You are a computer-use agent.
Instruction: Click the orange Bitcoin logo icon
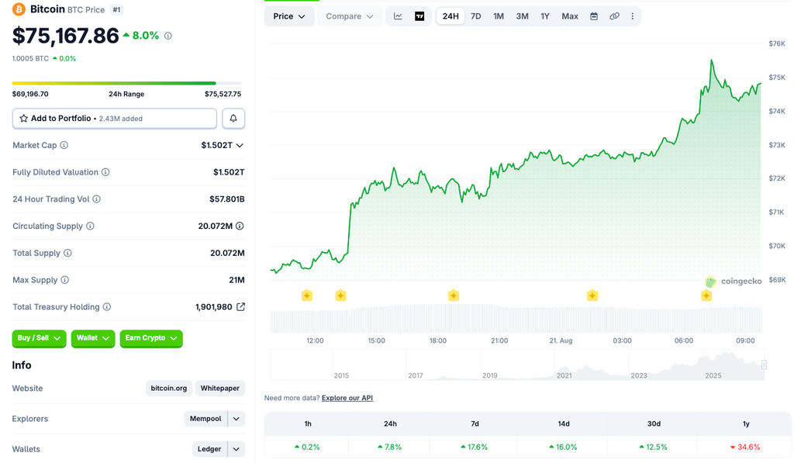coord(19,9)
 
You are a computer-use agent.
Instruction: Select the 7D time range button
coord(475,16)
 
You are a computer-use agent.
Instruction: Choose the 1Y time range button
coord(545,16)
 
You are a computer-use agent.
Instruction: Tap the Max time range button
coord(570,16)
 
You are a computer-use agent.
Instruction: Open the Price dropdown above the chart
coord(289,16)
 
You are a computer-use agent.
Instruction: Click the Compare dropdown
coord(350,16)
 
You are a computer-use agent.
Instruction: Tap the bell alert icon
coord(233,118)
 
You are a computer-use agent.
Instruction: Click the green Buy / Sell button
coord(39,338)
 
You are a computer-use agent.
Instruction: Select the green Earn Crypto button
coord(151,338)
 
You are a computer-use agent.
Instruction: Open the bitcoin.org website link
coord(168,388)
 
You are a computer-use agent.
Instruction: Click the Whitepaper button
coord(219,388)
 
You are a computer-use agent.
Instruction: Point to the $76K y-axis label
coord(777,43)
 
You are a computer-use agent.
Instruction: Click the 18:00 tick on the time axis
coord(438,340)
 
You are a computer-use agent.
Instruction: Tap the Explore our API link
coord(347,398)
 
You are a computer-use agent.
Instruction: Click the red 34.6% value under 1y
coord(745,447)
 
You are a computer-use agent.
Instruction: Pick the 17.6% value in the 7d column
coord(475,447)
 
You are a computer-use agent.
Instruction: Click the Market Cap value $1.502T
coord(217,145)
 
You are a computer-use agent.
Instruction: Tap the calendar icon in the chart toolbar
coord(594,16)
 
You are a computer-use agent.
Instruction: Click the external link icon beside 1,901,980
coord(241,306)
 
